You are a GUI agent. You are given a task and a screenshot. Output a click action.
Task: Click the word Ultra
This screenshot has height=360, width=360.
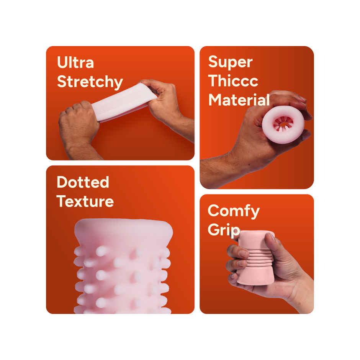coord(75,62)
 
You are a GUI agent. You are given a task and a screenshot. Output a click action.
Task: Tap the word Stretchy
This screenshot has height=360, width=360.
coord(90,82)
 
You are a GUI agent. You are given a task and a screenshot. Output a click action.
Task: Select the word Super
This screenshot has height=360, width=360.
coord(230,62)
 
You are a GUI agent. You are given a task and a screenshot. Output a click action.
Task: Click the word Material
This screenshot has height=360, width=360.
coord(239,100)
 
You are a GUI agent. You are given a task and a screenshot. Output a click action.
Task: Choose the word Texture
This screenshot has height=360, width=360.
coord(85,201)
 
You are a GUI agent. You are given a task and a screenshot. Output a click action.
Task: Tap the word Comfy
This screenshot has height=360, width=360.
coord(234,211)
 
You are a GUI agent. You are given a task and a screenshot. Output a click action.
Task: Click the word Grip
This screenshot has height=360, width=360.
coord(224,230)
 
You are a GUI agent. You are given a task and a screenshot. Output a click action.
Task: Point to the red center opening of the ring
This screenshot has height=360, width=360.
coord(283,124)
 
